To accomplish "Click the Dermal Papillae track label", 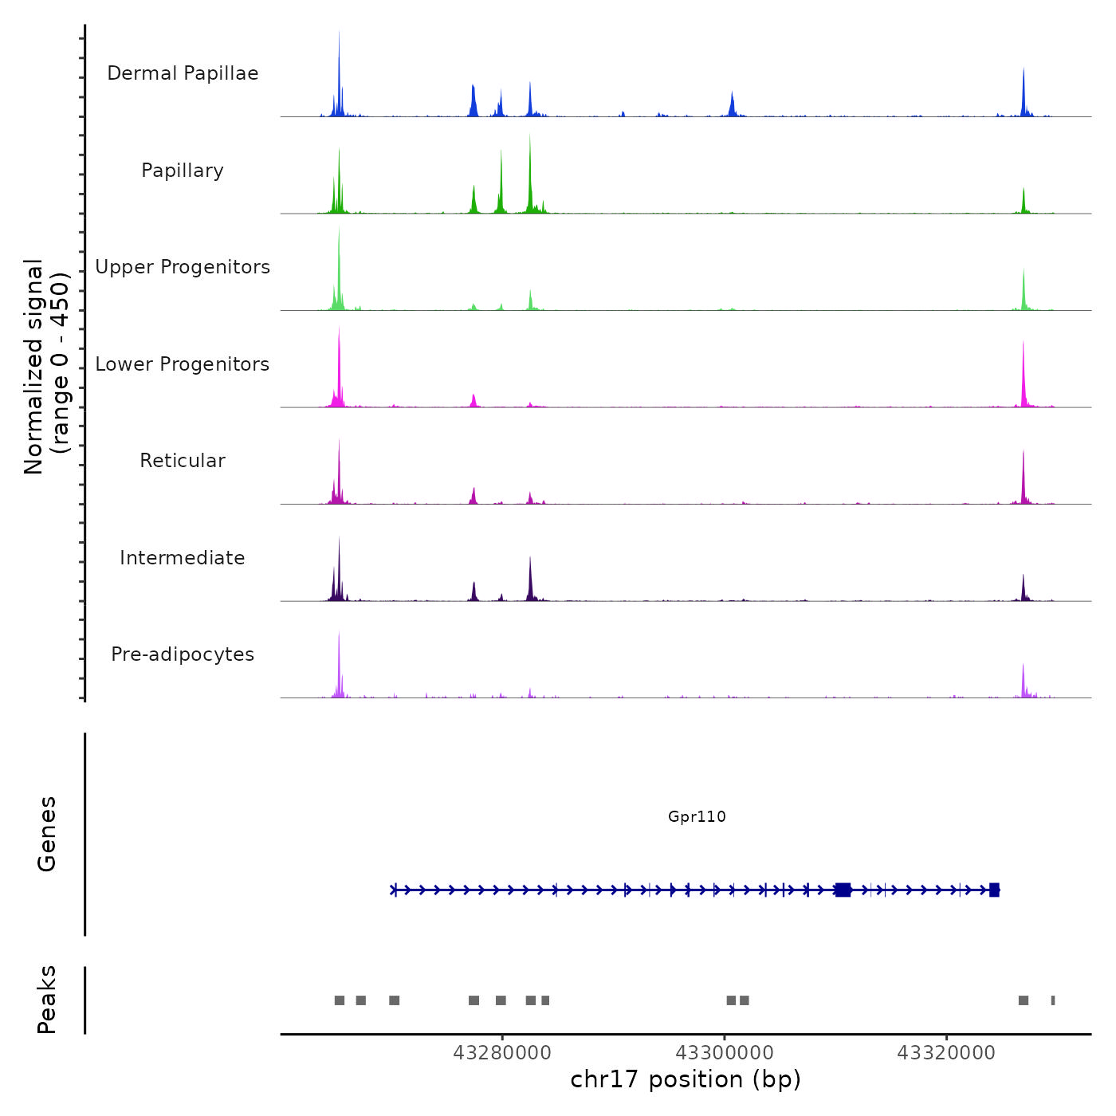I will (183, 73).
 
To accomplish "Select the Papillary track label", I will (183, 171).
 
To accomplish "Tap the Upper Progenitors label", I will (183, 267).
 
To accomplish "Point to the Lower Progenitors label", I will (183, 364).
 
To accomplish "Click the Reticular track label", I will (183, 461).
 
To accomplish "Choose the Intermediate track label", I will (183, 558).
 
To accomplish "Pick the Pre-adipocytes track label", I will (183, 654).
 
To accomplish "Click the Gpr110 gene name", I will (697, 816).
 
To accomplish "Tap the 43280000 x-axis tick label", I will (502, 1053).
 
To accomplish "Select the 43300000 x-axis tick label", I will (725, 1053).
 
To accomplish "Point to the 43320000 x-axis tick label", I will (946, 1053).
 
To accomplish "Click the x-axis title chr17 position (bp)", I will (686, 1079).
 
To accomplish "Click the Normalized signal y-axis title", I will (46, 367).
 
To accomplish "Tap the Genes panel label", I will (46, 834).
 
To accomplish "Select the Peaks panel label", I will (46, 1000).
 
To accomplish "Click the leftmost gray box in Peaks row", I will (340, 1000).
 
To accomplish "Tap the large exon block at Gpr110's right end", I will (994, 890).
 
